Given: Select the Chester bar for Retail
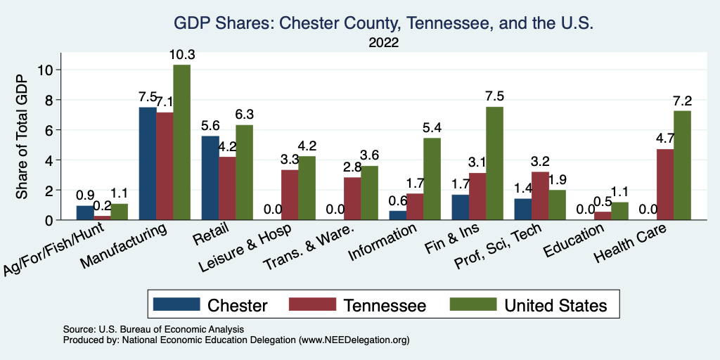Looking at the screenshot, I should (x=210, y=178).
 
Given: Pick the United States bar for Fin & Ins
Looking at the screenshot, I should (x=494, y=164).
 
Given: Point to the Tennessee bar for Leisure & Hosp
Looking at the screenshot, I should (x=290, y=195).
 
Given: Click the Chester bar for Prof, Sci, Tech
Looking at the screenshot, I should (x=522, y=210).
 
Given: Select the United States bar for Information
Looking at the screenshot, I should (x=432, y=179).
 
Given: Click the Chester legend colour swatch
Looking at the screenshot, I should (x=176, y=305).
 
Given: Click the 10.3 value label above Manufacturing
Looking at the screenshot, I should (x=181, y=55).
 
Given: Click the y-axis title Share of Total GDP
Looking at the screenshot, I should (x=22, y=138).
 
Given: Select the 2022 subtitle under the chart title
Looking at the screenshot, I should (x=383, y=43).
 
